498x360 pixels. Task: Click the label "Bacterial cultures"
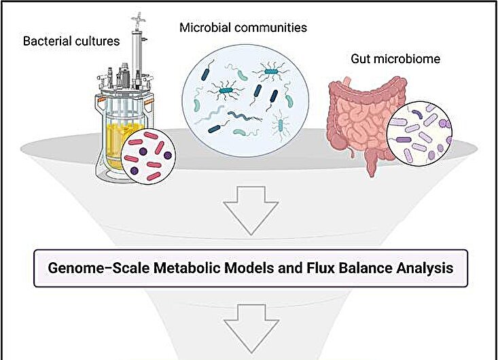[71, 41]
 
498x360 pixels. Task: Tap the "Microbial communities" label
[243, 28]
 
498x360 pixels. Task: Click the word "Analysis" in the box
[427, 268]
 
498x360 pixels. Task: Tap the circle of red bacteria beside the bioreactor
[149, 157]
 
